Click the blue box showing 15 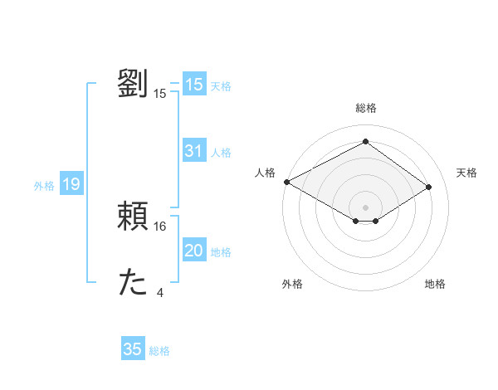(x=194, y=85)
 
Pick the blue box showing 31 (x=194, y=151)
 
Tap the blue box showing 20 (x=194, y=251)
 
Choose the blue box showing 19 (x=71, y=184)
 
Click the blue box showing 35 (x=133, y=349)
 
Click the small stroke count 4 (x=160, y=293)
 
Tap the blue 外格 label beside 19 (x=44, y=186)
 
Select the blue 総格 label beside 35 (x=159, y=351)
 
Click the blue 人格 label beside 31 (x=222, y=153)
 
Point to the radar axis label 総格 (x=365, y=108)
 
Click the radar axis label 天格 (x=467, y=173)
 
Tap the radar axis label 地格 (x=435, y=285)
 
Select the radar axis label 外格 (x=292, y=285)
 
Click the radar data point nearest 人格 (x=286, y=181)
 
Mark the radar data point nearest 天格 (x=428, y=187)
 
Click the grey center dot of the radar (x=365, y=207)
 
